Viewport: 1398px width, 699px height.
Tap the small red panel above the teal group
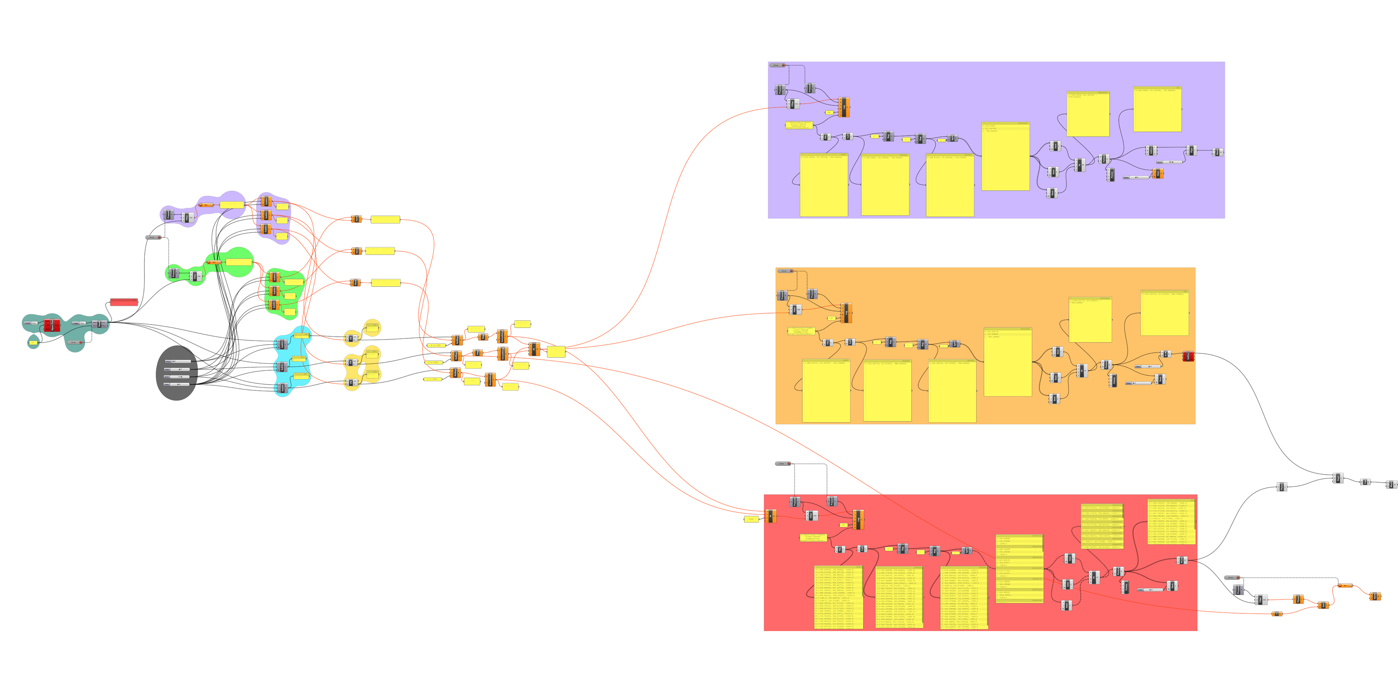[x=124, y=302]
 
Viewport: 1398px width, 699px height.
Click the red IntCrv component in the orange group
[x=1187, y=356]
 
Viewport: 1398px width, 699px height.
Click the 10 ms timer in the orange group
[x=785, y=271]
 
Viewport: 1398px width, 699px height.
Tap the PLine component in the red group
[x=1181, y=560]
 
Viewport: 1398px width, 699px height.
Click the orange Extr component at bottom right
[x=1375, y=596]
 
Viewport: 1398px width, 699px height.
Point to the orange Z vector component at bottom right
[x=1277, y=614]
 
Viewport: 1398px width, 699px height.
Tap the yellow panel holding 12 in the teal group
[x=33, y=343]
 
